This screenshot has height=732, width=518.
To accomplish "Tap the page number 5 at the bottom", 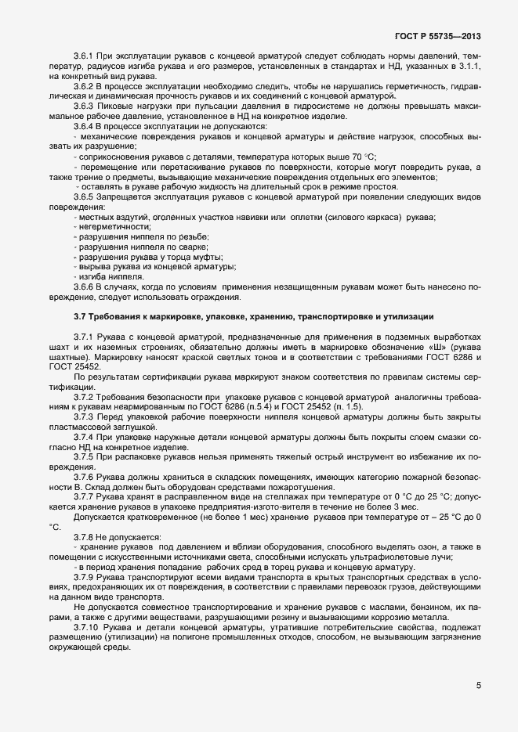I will pos(478,686).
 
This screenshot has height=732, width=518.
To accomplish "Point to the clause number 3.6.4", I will pos(84,126).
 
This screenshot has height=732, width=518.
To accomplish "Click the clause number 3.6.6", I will pos(84,287).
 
